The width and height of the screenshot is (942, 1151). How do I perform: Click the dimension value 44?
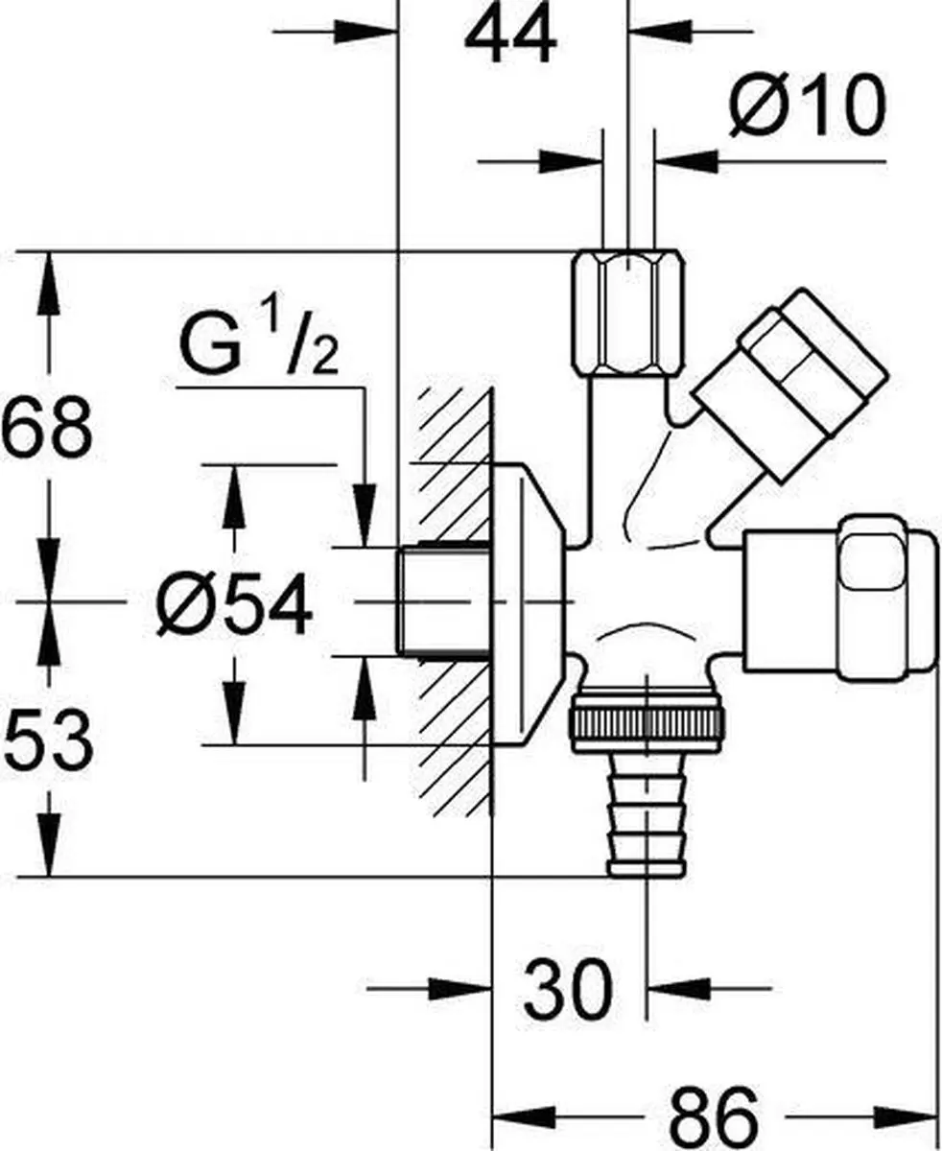point(510,37)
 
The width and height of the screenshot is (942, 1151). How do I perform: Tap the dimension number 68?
point(46,427)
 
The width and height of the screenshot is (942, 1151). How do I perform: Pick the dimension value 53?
point(47,740)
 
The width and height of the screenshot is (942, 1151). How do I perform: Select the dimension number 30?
point(568,988)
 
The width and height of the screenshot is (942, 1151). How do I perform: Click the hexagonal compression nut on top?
point(627,312)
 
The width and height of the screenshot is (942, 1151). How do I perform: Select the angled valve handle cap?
point(790,386)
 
